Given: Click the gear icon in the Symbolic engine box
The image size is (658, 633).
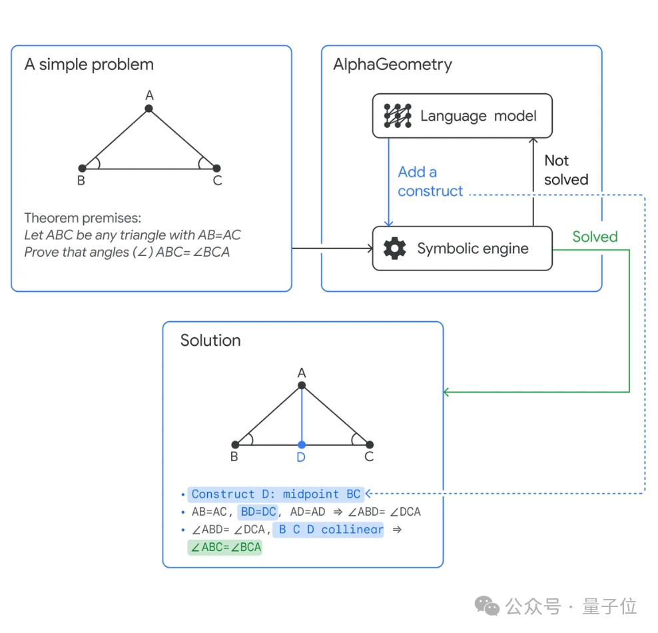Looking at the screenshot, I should pos(395,249).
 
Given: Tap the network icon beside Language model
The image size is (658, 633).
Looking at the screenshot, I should pos(398,116).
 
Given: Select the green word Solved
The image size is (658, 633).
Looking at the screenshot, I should pos(595,237).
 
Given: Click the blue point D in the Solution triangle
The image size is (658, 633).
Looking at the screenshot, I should pos(302,444).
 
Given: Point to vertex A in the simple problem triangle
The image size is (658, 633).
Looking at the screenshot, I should pos(149,108).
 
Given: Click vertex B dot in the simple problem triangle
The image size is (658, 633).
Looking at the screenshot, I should pos(82,169).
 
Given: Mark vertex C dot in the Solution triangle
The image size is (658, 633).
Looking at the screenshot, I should pos(370,444).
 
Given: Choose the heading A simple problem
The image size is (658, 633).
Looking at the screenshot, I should pos(89,65).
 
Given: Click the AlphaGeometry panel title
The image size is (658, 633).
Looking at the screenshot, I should pos(392,65).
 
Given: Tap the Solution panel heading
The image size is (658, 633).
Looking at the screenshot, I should pos(210,340).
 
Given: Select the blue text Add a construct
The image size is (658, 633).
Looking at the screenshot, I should pos(430,181).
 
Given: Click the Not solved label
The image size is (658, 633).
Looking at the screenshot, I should pos(566,170).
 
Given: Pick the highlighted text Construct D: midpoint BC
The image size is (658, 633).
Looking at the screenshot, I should pos(276,494).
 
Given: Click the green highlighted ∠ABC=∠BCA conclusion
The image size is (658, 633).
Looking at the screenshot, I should pos(226,548).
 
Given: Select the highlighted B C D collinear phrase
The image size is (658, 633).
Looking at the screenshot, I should pos(330,530).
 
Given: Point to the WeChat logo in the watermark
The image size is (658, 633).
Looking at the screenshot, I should pos(487,606).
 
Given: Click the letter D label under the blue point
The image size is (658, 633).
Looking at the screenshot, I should pos(301,458).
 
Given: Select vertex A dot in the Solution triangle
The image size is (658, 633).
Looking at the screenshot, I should pos(302,385).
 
